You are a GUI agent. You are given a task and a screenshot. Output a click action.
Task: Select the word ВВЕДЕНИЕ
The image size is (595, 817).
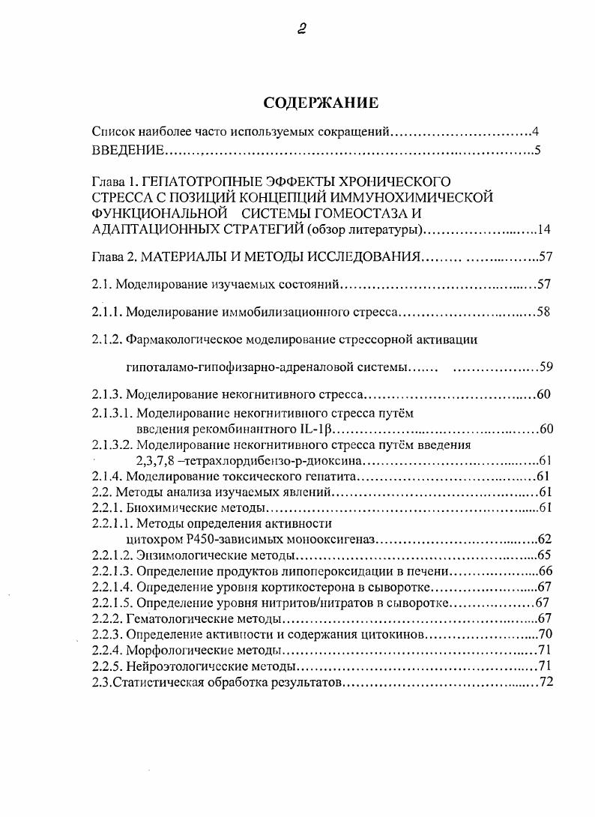tap(127, 151)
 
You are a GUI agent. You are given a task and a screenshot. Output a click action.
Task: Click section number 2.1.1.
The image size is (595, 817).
tap(106, 312)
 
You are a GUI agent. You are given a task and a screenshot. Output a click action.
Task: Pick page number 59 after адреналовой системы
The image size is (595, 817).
tap(545, 367)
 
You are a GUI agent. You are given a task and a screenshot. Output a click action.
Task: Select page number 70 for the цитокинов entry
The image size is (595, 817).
tap(545, 635)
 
